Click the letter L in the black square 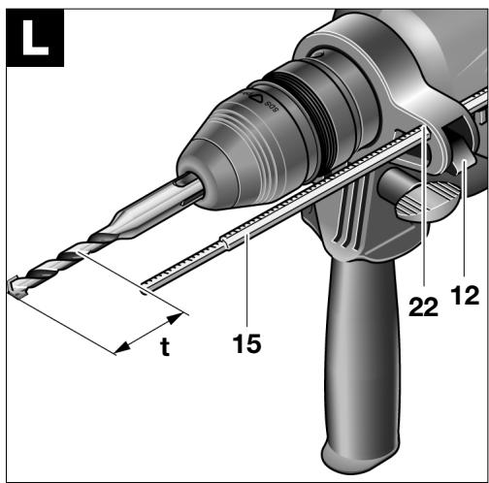[x=35, y=38]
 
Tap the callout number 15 [x=246, y=343]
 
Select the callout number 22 [x=423, y=306]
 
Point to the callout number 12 [x=466, y=295]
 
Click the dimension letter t [x=165, y=346]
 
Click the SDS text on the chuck [x=271, y=106]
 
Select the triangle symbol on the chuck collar [x=256, y=97]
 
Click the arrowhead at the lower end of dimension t [x=122, y=348]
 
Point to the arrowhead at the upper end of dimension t [x=175, y=318]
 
